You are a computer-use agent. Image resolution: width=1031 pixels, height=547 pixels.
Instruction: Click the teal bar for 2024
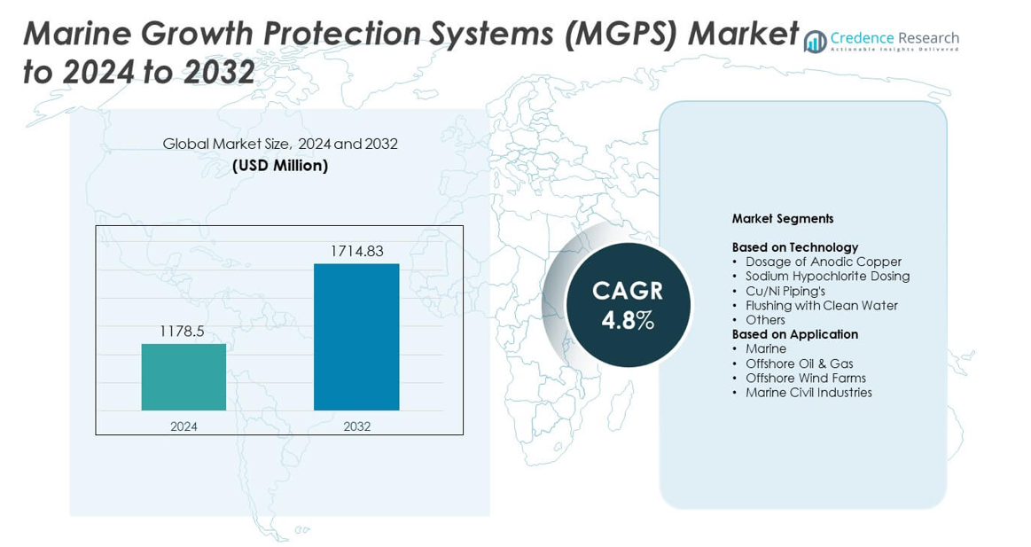point(184,377)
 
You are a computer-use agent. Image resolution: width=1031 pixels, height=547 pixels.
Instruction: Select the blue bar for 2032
point(356,337)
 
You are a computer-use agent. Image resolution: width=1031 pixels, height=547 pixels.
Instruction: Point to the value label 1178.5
point(182,331)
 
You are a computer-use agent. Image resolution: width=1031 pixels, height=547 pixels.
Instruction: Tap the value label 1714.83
point(356,251)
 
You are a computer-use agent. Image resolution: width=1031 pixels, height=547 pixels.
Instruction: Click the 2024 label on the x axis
point(184,426)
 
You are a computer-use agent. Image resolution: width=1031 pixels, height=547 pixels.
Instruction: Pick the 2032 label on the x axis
point(356,426)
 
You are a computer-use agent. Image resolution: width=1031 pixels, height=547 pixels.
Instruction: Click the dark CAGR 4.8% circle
point(628,305)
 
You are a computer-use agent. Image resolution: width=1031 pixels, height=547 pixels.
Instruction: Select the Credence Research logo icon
point(815,42)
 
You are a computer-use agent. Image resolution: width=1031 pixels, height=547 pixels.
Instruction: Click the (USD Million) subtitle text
point(280,166)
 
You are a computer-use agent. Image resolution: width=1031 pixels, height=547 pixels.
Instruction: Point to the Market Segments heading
point(782,218)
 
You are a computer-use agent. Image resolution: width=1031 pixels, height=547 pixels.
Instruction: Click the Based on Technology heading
point(794,247)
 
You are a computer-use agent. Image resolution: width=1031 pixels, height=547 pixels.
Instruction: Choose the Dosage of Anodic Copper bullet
point(823,262)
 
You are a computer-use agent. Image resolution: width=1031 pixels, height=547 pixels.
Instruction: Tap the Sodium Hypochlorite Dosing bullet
point(827,276)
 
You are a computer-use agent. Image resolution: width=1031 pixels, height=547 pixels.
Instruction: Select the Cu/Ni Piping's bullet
point(785,291)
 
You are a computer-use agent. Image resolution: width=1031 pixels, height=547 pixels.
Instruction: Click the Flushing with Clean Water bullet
point(821,305)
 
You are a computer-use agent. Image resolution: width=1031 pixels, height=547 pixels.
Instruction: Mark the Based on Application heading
point(794,334)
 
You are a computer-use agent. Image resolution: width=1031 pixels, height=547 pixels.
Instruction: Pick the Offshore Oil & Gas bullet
point(799,363)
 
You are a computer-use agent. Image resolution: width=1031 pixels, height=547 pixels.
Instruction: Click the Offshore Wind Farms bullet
point(805,378)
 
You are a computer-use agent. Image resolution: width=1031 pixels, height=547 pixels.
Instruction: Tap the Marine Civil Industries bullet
point(808,392)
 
